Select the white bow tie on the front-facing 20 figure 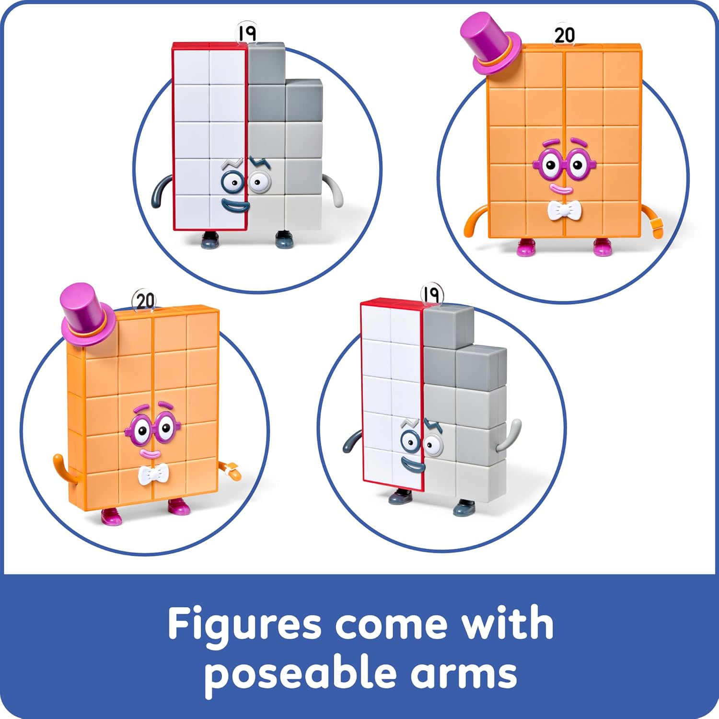pos(565,210)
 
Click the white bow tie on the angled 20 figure pos(153,475)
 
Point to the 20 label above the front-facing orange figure pos(565,35)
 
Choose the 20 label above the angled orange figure pos(145,301)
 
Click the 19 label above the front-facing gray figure pos(247,33)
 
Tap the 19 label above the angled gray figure pos(432,294)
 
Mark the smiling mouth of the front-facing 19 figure pos(235,207)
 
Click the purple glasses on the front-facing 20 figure pos(565,163)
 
